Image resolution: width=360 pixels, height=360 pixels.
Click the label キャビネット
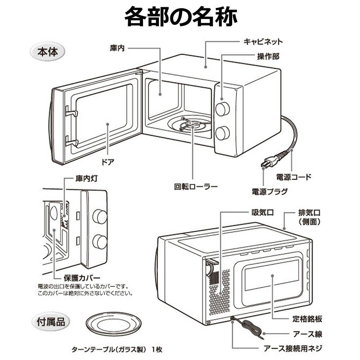[x=263, y=42]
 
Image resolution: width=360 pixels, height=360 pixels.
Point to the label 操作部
[x=268, y=57]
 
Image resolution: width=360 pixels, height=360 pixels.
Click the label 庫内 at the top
[x=117, y=48]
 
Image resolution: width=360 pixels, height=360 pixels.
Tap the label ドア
[x=108, y=162]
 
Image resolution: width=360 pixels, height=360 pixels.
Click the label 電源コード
[x=293, y=177]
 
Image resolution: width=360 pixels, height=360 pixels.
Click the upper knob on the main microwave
[x=222, y=108]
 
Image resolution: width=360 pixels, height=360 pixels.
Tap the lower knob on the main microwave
[x=222, y=133]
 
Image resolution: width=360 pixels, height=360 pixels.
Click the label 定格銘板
[x=307, y=319]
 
